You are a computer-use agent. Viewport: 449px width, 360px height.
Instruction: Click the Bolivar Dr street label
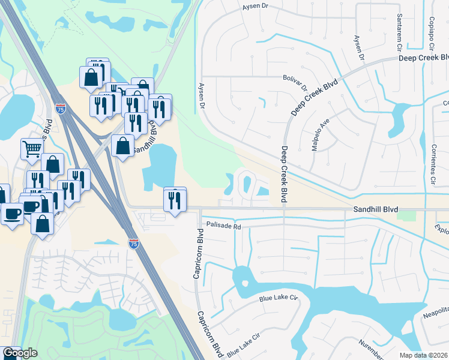click(295, 77)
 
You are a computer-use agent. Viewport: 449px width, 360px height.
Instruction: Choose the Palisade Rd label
click(223, 226)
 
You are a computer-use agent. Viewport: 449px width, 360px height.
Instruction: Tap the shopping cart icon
click(32, 148)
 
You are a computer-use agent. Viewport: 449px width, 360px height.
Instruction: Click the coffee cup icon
click(13, 213)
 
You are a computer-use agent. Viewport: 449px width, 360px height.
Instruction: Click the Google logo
click(19, 353)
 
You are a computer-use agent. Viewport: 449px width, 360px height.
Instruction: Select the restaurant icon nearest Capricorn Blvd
click(175, 199)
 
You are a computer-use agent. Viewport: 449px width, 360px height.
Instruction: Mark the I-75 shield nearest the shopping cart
click(60, 109)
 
